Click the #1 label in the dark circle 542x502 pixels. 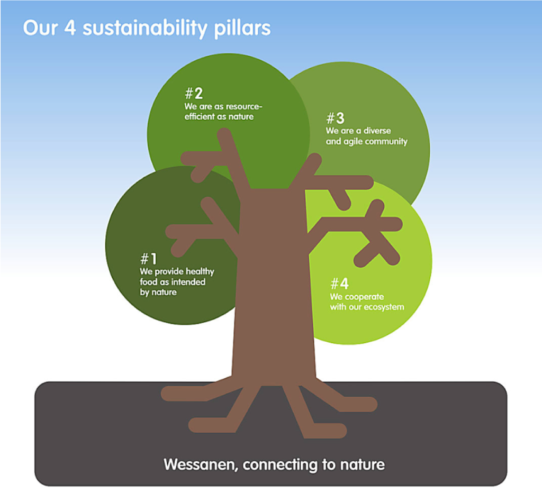pyautogui.click(x=149, y=259)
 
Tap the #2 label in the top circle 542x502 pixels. pyautogui.click(x=194, y=93)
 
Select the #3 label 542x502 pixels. pyautogui.click(x=335, y=118)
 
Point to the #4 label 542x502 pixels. pyautogui.click(x=339, y=284)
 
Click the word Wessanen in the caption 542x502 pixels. pyautogui.click(x=201, y=464)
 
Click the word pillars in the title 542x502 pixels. pyautogui.click(x=242, y=29)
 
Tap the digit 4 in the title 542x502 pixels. pyautogui.click(x=70, y=28)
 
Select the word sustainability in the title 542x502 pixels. pyautogui.click(x=144, y=29)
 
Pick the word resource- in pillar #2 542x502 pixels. pyautogui.click(x=243, y=107)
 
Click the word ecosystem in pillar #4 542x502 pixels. pyautogui.click(x=384, y=307)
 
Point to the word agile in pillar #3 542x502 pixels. pyautogui.click(x=353, y=142)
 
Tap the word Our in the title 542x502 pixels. pyautogui.click(x=40, y=28)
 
